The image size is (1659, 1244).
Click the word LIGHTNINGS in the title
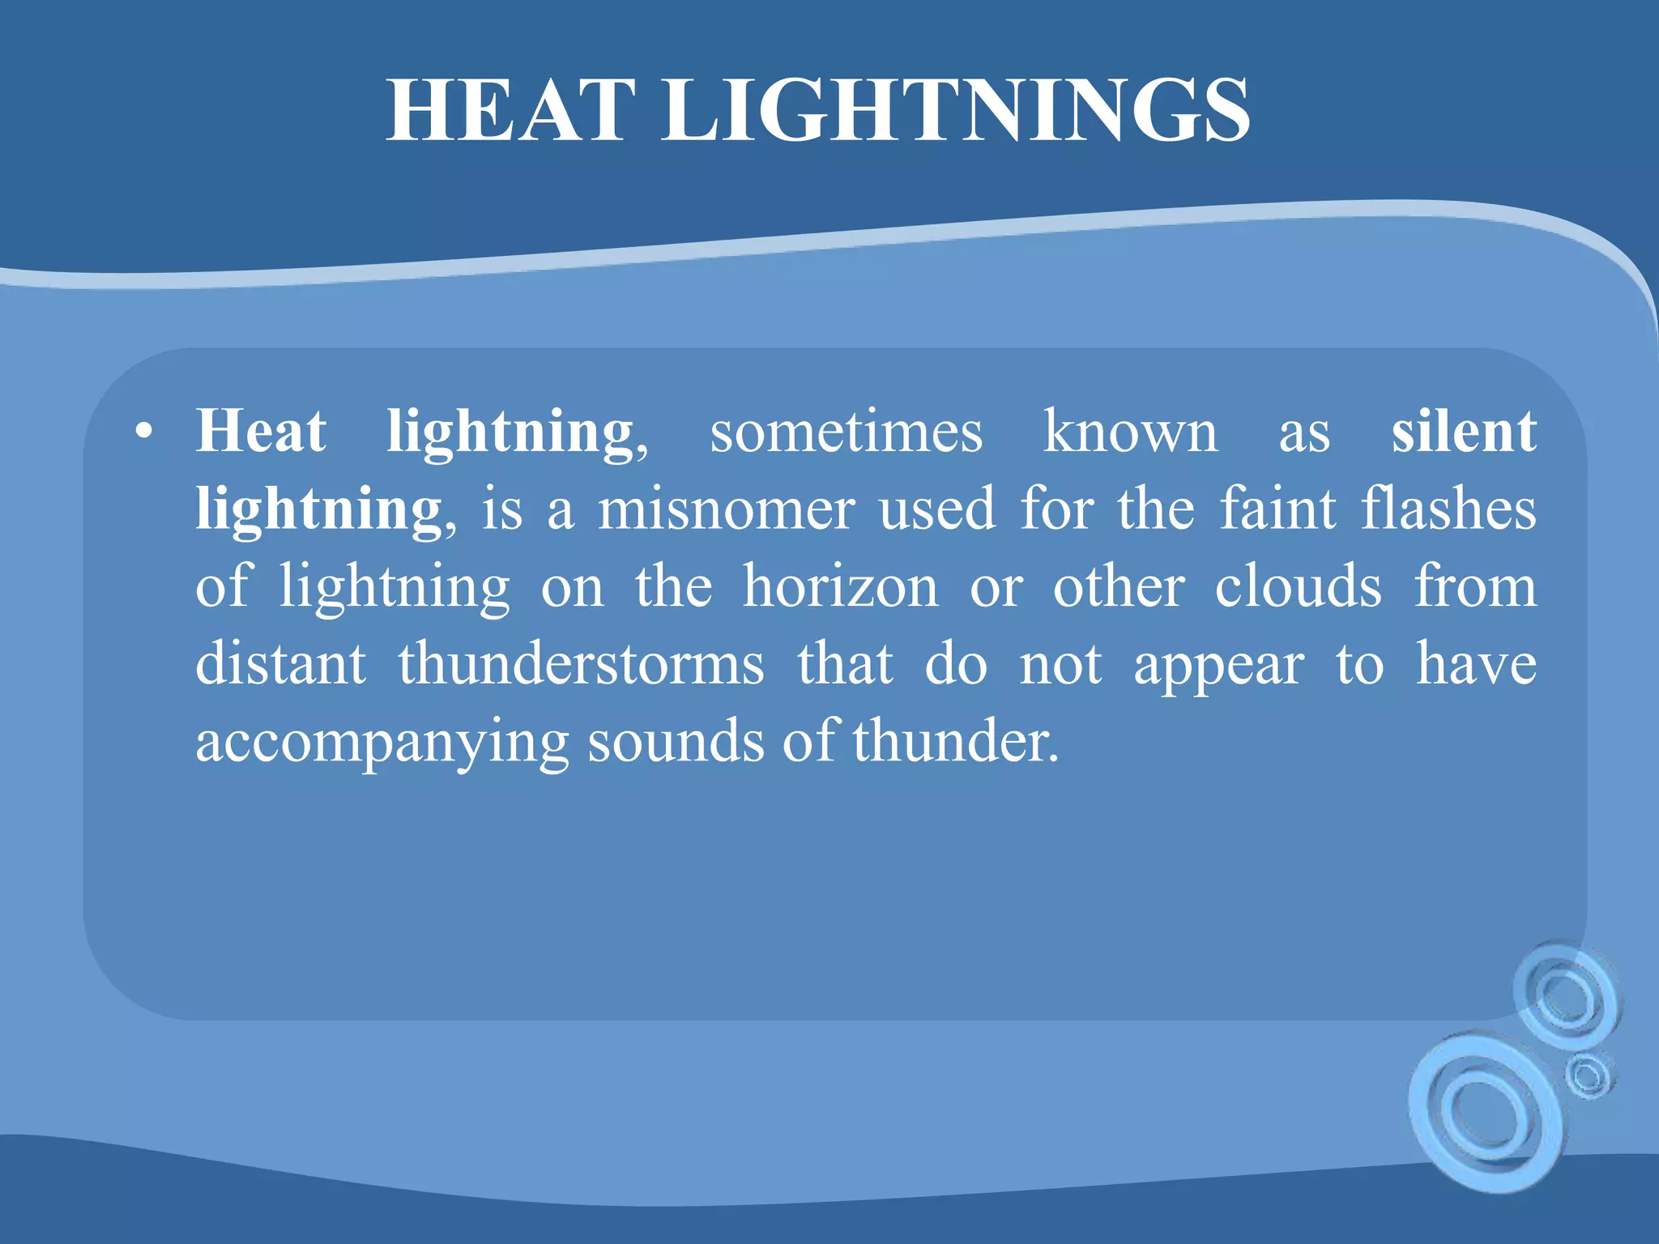pyautogui.click(x=957, y=111)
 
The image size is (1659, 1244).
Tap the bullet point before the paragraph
pyautogui.click(x=144, y=432)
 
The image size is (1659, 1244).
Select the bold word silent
pyautogui.click(x=1464, y=432)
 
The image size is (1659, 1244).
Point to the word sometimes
pyautogui.click(x=846, y=432)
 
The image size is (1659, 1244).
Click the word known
pyautogui.click(x=1130, y=432)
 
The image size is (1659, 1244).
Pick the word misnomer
pyautogui.click(x=727, y=509)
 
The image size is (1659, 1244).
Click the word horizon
pyautogui.click(x=841, y=586)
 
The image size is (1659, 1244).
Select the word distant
pyautogui.click(x=281, y=664)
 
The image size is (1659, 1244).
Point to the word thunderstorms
pyautogui.click(x=581, y=664)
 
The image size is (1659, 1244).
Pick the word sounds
pyautogui.click(x=676, y=742)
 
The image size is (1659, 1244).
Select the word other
pyautogui.click(x=1119, y=586)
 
